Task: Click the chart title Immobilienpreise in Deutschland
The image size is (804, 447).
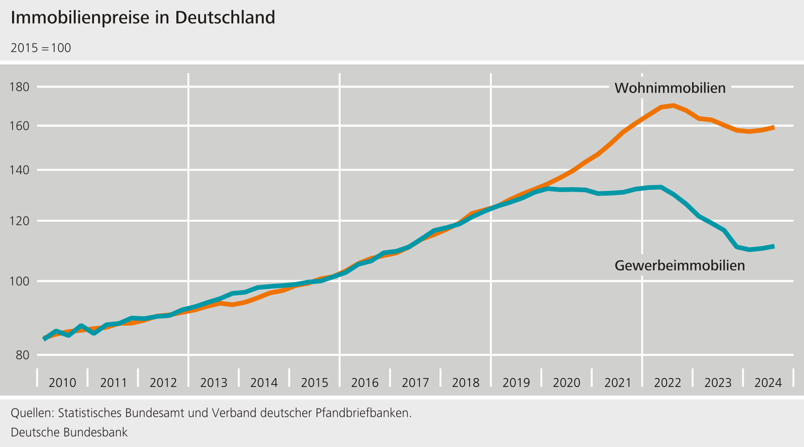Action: coord(143,18)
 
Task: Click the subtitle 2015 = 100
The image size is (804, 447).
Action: coord(41,48)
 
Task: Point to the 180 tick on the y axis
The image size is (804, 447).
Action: coord(20,87)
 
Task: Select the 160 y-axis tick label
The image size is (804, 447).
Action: coord(20,126)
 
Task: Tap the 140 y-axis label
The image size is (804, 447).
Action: coord(20,170)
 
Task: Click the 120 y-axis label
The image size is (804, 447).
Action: coord(20,221)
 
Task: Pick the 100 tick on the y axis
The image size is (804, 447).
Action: coord(20,281)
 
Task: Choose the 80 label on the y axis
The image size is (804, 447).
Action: coord(22,355)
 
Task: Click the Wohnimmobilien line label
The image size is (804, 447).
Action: coord(670,88)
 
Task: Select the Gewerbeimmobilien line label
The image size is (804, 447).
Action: coord(680,266)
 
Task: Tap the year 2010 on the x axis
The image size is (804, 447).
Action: coord(62,383)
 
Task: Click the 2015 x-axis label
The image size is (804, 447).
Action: coord(314,383)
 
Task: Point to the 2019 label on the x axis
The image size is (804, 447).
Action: coord(516,383)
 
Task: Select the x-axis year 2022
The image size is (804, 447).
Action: coord(667,383)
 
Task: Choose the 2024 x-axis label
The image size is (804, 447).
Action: coord(768,383)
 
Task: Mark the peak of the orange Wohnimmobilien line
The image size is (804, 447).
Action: coord(673,106)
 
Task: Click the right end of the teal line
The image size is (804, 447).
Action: coord(774,246)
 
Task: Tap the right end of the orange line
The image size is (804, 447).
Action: coord(774,128)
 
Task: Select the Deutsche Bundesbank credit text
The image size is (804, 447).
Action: coord(69,432)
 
